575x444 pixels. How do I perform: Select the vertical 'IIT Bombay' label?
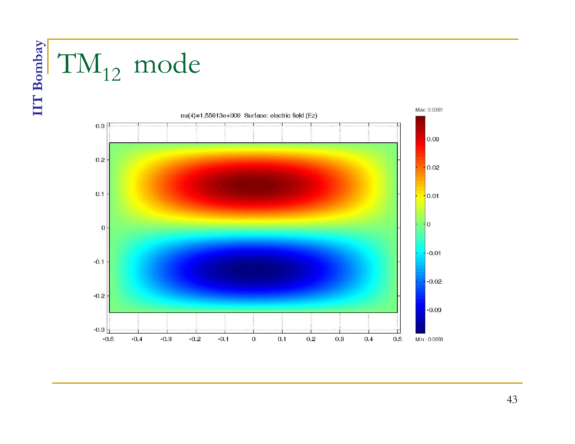click(38, 78)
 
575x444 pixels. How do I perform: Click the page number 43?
click(512, 399)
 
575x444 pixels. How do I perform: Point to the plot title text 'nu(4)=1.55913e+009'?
click(210, 115)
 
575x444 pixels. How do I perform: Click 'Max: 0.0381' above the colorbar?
click(429, 110)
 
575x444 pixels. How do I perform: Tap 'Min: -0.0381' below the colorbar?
click(429, 339)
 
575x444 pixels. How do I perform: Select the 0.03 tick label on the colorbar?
click(433, 139)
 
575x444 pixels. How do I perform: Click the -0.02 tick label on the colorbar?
click(434, 282)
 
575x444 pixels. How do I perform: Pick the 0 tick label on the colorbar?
click(429, 224)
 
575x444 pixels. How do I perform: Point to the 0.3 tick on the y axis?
click(100, 126)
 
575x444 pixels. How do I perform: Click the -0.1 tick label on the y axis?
click(99, 262)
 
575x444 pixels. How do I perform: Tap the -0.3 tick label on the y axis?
click(99, 330)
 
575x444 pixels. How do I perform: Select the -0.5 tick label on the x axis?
click(108, 339)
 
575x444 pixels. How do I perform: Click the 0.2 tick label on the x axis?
click(311, 339)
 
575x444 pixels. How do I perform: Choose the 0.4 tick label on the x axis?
click(369, 339)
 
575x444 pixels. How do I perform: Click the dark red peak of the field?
click(253, 185)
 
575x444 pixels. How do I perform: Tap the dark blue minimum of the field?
click(253, 270)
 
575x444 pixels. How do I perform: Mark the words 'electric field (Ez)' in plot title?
click(294, 115)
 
